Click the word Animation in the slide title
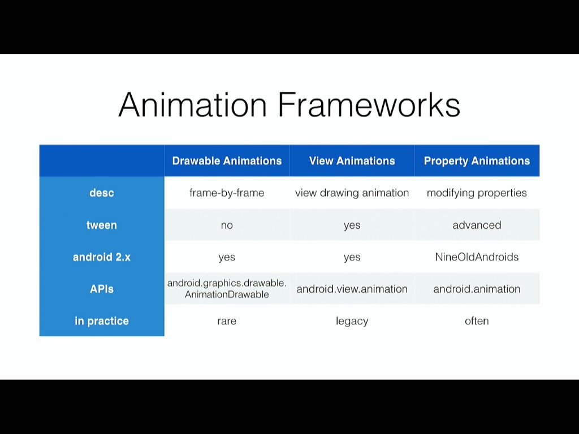point(192,105)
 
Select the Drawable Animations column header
point(227,160)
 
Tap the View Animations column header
point(352,160)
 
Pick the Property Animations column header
point(477,160)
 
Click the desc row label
point(102,193)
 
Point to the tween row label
point(102,225)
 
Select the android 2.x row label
point(102,257)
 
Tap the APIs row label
point(102,289)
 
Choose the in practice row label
point(102,321)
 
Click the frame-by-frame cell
point(227,193)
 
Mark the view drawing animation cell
point(352,193)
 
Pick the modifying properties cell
point(477,193)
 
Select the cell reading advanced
point(477,225)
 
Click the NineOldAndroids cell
point(477,257)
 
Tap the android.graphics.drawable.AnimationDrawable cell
point(227,289)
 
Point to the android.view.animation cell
point(352,289)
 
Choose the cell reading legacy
point(352,321)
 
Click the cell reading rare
point(227,321)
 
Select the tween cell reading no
point(227,225)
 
